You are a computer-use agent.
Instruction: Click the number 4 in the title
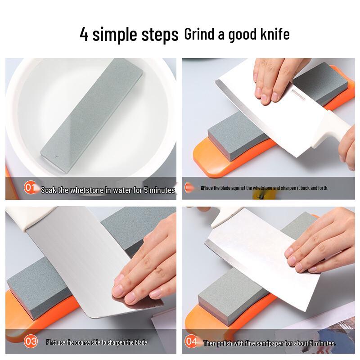tap(84, 34)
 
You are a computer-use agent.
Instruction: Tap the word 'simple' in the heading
tap(115, 35)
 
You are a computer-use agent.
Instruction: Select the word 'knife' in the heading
tap(275, 34)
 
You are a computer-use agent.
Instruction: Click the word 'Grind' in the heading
tap(199, 34)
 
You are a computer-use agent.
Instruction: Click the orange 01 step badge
tap(30, 187)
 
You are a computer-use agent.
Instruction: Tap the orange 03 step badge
tap(31, 342)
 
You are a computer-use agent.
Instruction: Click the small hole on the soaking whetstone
tap(56, 157)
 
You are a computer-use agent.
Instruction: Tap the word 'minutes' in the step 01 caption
tap(162, 190)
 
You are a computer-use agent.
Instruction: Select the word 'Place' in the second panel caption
tap(208, 188)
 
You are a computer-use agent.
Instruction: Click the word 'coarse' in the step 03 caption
tap(82, 342)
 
